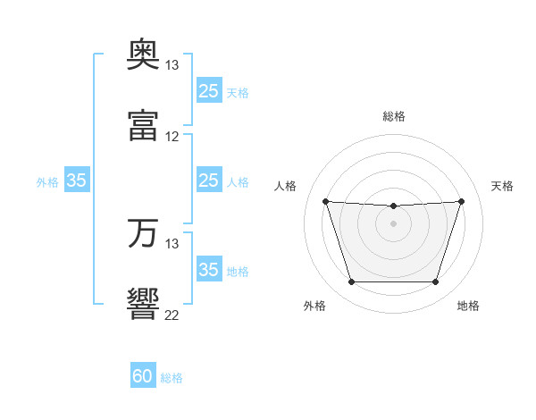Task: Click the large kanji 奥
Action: [143, 54]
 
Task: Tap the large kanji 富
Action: [143, 125]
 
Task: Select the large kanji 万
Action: [143, 233]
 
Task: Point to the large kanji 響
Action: [143, 304]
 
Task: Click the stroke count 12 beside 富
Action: [172, 137]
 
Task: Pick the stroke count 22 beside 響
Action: [172, 315]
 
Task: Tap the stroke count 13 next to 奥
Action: [172, 65]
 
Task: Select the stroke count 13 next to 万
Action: [172, 244]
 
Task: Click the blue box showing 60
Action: [143, 374]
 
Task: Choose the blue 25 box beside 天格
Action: [209, 90]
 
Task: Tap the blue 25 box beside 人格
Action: [209, 180]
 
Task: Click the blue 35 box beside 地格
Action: [209, 268]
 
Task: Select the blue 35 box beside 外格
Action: [77, 180]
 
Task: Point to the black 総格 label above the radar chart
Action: [394, 116]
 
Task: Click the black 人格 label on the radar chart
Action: [285, 186]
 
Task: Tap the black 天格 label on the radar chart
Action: [502, 186]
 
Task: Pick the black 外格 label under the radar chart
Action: [314, 306]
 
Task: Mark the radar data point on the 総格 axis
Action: [393, 206]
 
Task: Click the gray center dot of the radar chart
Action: [393, 223]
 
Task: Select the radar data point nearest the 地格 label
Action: [435, 281]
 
